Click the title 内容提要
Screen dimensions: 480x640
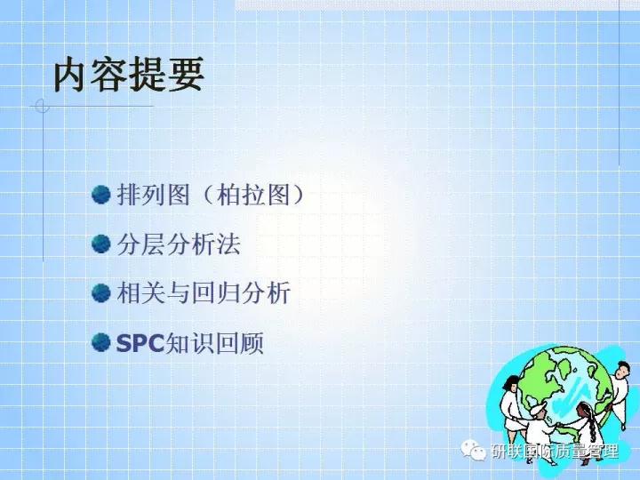(x=129, y=75)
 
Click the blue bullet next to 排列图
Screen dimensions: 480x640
(x=101, y=195)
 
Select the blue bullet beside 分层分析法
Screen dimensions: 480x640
(x=101, y=244)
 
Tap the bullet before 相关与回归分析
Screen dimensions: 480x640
(x=101, y=292)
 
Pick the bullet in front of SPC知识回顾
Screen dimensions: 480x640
(x=101, y=342)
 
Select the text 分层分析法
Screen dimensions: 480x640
(x=179, y=244)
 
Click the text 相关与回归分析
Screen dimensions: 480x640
(x=204, y=293)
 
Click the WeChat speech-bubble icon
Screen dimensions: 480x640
(x=478, y=451)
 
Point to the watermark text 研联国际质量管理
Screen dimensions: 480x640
(x=555, y=452)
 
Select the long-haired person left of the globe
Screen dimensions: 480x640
(x=512, y=400)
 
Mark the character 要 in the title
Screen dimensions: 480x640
(x=186, y=75)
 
